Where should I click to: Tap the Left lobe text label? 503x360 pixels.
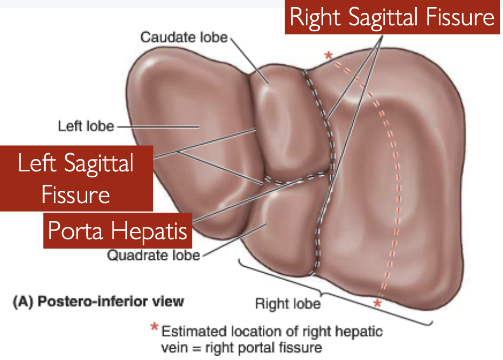86,127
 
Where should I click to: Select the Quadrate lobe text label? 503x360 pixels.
153,254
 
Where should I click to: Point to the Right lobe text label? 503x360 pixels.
287,304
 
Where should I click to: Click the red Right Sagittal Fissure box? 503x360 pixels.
392,18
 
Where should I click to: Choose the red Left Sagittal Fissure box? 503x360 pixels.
76,178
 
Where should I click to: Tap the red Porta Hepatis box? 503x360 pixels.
118,231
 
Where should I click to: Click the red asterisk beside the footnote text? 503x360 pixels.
155,328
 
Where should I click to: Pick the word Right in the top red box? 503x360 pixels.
316,18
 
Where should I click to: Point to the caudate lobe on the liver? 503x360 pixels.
280,124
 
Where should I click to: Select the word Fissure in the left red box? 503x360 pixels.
76,194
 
